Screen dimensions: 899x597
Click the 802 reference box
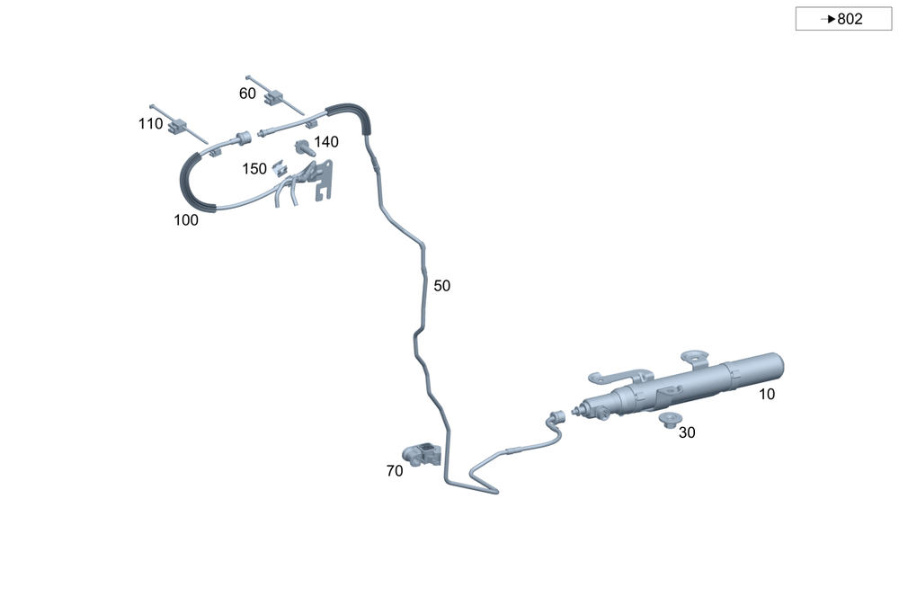click(843, 19)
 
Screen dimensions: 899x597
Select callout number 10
click(767, 395)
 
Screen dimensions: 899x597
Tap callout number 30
click(687, 432)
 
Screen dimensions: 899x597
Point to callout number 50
click(441, 286)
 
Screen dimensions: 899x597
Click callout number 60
click(247, 94)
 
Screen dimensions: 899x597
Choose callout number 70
click(395, 471)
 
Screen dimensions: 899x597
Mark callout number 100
click(186, 220)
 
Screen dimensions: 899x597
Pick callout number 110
click(150, 124)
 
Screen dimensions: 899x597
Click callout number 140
click(326, 142)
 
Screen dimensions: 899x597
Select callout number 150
click(254, 169)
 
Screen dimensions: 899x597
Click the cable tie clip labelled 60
click(274, 96)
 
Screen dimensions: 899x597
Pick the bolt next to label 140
click(305, 148)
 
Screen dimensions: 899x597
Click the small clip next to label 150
click(280, 167)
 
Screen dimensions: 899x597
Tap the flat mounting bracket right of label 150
click(322, 178)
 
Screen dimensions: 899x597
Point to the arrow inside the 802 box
click(828, 19)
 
